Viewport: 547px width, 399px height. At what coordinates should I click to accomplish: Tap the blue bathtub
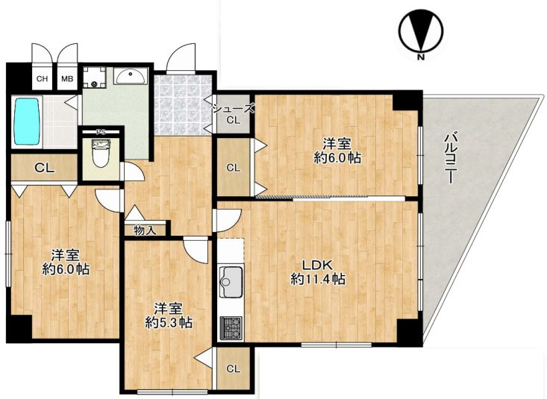point(27,121)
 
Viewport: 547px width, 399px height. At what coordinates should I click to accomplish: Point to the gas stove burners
point(231,327)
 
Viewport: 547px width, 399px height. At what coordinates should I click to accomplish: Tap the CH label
point(43,79)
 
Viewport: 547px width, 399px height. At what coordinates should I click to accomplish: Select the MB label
point(67,79)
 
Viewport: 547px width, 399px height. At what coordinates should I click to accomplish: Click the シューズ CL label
point(234,115)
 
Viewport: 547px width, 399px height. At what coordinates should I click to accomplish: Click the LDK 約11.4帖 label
point(318,271)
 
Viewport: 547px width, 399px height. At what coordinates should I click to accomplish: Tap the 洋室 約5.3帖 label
point(169,315)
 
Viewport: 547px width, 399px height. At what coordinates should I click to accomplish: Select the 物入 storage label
point(145,230)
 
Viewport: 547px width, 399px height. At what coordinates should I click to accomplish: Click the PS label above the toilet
point(101,132)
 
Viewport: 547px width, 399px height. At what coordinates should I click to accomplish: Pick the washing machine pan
point(94,78)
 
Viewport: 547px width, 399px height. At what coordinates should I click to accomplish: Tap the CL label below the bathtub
point(45,168)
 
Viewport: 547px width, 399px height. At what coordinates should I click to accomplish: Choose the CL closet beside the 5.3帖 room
point(234,368)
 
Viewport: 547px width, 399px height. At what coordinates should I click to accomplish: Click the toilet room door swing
point(134,171)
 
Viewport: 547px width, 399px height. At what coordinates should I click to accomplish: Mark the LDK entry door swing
point(228,220)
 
